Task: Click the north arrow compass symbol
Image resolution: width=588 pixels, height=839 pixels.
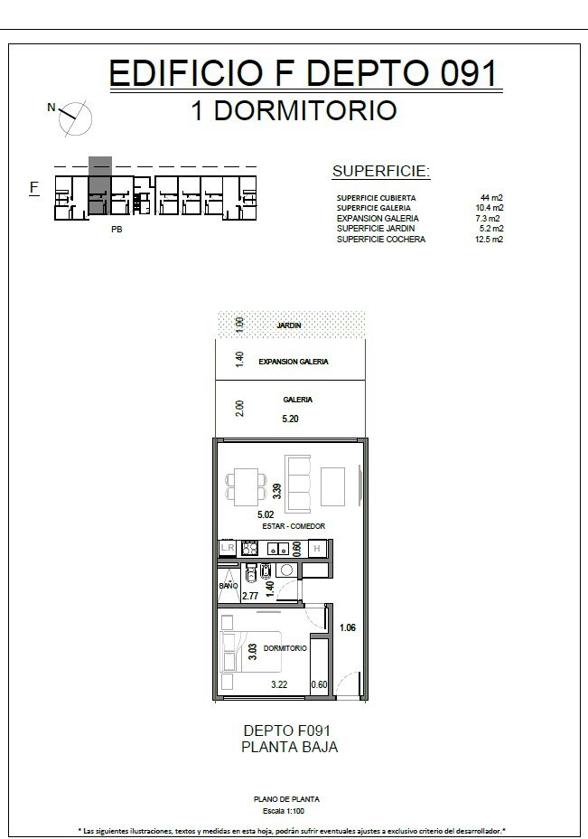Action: (75, 118)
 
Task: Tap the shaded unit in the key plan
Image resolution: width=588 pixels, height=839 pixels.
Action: (100, 185)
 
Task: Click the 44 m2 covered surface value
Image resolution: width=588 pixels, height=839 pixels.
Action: (491, 197)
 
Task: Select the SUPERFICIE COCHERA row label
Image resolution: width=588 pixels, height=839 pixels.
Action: (380, 240)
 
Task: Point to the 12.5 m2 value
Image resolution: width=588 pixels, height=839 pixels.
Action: (490, 240)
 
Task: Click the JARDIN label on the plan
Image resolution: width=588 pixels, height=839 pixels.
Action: (289, 325)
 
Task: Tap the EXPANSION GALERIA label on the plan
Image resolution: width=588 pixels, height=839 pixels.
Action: (294, 362)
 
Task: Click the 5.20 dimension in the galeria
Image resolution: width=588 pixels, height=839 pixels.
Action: (290, 419)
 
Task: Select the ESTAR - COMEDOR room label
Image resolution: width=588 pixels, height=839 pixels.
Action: (294, 526)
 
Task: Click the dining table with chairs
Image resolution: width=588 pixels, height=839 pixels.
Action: (246, 487)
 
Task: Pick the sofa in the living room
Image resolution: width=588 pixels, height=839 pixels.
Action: (298, 484)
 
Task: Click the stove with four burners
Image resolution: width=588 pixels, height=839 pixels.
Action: (249, 548)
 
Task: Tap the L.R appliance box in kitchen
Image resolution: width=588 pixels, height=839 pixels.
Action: (228, 548)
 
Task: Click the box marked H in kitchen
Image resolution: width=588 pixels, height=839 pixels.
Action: (317, 549)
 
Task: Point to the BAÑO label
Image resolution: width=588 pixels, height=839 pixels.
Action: (229, 586)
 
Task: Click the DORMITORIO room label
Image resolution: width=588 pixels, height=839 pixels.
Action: (285, 648)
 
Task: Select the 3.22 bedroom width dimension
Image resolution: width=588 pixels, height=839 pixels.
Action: (279, 684)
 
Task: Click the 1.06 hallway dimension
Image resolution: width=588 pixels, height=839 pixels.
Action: (348, 627)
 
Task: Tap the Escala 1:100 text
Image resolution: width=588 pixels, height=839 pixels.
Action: (284, 811)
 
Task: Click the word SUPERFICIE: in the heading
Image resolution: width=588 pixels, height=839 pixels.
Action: (381, 171)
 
